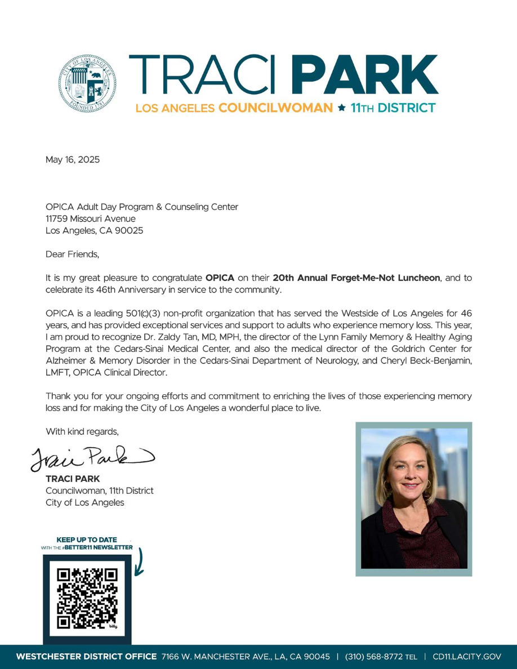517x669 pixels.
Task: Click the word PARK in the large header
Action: pyautogui.click(x=366, y=75)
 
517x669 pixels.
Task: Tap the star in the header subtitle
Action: pyautogui.click(x=340, y=107)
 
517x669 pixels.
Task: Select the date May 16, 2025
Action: pyautogui.click(x=73, y=159)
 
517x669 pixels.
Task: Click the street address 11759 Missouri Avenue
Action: pyautogui.click(x=91, y=218)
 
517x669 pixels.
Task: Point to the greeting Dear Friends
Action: pyautogui.click(x=72, y=254)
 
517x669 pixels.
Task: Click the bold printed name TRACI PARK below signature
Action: pyautogui.click(x=73, y=479)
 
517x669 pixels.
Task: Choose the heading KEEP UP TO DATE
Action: pyautogui.click(x=87, y=540)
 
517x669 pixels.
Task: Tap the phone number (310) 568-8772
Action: pyautogui.click(x=370, y=657)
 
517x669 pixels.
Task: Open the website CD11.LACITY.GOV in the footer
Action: pyautogui.click(x=466, y=657)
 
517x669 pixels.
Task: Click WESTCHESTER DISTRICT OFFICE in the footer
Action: pyautogui.click(x=86, y=657)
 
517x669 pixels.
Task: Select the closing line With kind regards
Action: pyautogui.click(x=82, y=431)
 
